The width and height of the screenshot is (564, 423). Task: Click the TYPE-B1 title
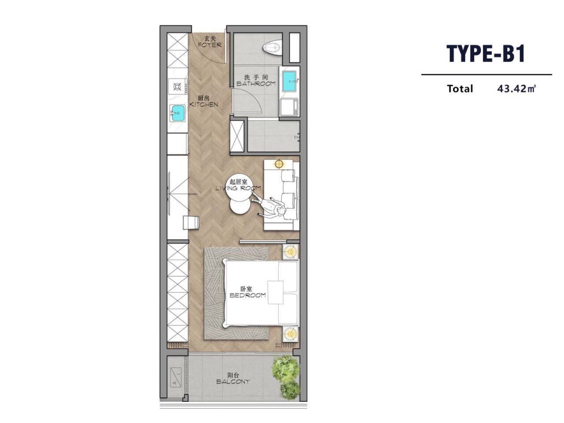click(486, 53)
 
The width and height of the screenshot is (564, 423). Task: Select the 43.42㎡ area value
click(516, 89)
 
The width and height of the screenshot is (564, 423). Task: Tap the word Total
click(460, 89)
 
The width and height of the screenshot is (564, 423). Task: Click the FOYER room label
click(209, 45)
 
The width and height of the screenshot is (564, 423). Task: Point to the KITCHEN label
click(204, 104)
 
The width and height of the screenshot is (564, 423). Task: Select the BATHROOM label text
click(256, 84)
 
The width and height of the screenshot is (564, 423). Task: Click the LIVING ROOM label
click(238, 188)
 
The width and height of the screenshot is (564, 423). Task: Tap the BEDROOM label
click(248, 295)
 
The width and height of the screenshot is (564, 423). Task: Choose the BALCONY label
click(233, 382)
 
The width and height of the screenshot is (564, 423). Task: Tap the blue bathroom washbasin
click(289, 82)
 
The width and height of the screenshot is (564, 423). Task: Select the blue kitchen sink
click(178, 113)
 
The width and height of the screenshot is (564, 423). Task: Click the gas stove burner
click(177, 87)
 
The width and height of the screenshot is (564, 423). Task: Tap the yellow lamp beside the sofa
click(278, 163)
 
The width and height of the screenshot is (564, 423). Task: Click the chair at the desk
click(191, 223)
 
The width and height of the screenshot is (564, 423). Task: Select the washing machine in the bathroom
click(289, 108)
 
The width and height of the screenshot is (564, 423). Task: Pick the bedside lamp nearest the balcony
click(290, 334)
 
